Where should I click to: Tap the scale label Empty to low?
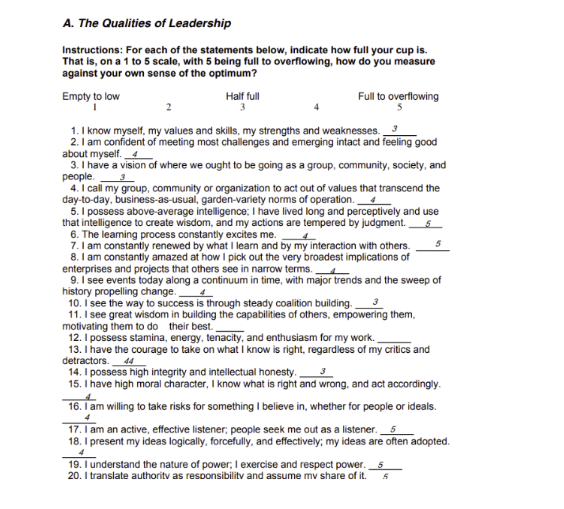[x=91, y=96]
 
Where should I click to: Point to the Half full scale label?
[x=242, y=96]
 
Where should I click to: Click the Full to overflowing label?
[x=398, y=96]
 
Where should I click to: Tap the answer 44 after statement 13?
[x=130, y=360]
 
